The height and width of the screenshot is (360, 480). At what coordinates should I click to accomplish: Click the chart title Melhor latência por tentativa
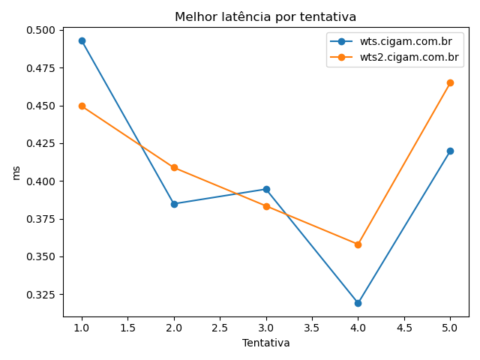pos(265,17)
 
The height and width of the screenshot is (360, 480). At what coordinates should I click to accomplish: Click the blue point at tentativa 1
pos(82,40)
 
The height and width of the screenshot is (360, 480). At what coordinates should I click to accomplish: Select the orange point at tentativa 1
pos(82,106)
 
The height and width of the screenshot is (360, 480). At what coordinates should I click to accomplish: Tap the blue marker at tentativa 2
pos(174,204)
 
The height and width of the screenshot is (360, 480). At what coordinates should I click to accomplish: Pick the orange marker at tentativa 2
pos(174,167)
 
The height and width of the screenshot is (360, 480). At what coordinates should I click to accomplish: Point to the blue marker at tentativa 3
pos(266,189)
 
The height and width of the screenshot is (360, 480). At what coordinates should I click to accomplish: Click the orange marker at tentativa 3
pos(266,206)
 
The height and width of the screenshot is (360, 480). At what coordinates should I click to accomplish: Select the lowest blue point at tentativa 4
pos(358,303)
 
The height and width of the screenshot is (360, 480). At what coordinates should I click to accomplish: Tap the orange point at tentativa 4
pos(358,244)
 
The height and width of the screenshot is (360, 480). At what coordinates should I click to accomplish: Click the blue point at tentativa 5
pos(450,151)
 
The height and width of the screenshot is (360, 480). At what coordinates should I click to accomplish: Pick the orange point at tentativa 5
pos(450,82)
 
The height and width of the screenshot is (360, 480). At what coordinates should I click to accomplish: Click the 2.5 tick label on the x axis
pos(220,328)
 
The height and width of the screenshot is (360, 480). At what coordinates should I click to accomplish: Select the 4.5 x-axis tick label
pos(403,328)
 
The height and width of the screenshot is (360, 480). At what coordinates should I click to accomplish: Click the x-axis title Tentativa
pos(265,343)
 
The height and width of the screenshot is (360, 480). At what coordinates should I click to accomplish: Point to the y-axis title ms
pos(16,173)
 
